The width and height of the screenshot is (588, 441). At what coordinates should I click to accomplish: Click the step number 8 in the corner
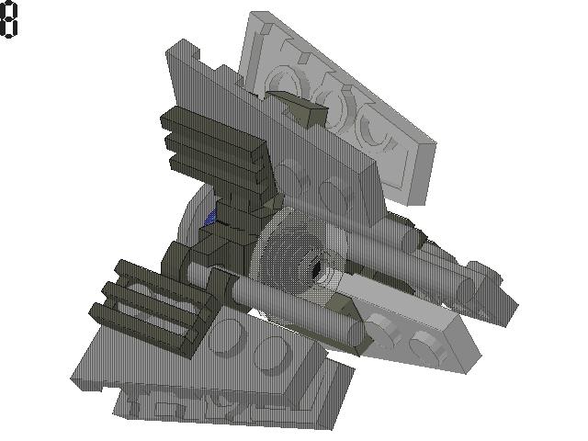tap(8, 19)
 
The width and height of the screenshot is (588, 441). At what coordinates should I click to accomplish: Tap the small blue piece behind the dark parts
tap(210, 219)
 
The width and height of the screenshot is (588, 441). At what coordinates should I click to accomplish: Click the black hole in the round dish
tap(316, 269)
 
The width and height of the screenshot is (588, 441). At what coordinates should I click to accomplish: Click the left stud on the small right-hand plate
tap(382, 327)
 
